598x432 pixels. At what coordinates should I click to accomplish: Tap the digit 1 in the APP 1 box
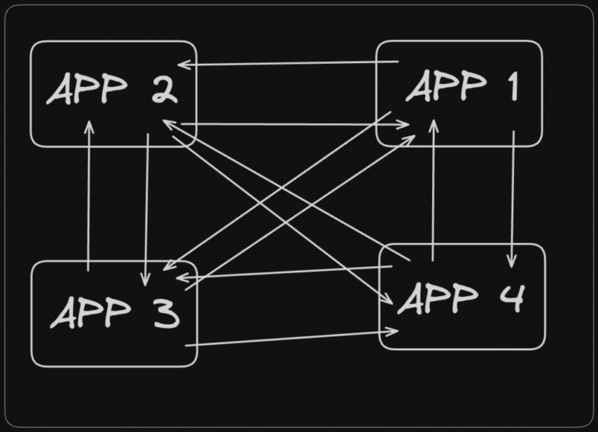pos(514,86)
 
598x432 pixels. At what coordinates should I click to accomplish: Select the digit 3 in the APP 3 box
pos(167,314)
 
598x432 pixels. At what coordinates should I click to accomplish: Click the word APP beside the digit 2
pos(87,89)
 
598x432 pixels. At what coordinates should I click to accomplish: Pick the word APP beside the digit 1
pos(446,86)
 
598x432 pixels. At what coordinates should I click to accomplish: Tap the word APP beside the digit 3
pos(91,312)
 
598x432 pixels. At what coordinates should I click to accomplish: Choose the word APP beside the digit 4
pos(438,299)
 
